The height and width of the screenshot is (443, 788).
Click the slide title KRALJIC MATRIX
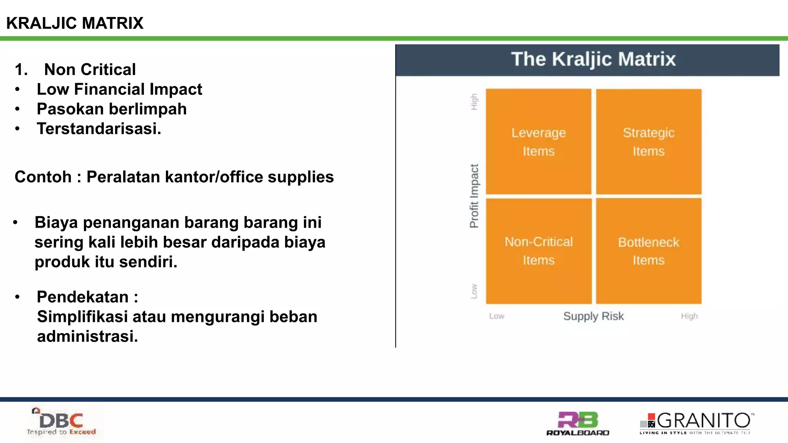tap(75, 23)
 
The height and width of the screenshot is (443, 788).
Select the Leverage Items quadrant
tap(538, 142)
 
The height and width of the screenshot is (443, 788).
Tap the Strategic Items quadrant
tap(649, 142)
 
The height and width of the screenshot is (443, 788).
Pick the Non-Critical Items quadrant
tap(538, 251)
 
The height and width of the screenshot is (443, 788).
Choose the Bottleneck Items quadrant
tap(649, 251)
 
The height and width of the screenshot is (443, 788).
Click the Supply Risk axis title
tap(593, 316)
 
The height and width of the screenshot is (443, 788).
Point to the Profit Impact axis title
tap(474, 196)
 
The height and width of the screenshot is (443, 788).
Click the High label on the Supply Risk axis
tap(689, 316)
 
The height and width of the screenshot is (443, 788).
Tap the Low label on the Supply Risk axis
tap(497, 316)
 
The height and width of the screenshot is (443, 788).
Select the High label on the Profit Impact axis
tap(474, 102)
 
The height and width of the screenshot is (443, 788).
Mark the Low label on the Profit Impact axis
tap(474, 291)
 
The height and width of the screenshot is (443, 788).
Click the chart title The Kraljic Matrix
tap(593, 59)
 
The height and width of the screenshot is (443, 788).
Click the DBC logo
tap(61, 422)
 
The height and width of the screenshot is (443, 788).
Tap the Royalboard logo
tap(578, 423)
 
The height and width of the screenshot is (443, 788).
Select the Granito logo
tap(696, 423)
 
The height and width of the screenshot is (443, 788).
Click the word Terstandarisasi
tap(98, 129)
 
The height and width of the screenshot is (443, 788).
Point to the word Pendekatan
tap(82, 297)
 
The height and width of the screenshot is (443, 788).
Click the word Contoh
tap(43, 177)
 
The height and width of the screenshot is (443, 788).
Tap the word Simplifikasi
tap(82, 317)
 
